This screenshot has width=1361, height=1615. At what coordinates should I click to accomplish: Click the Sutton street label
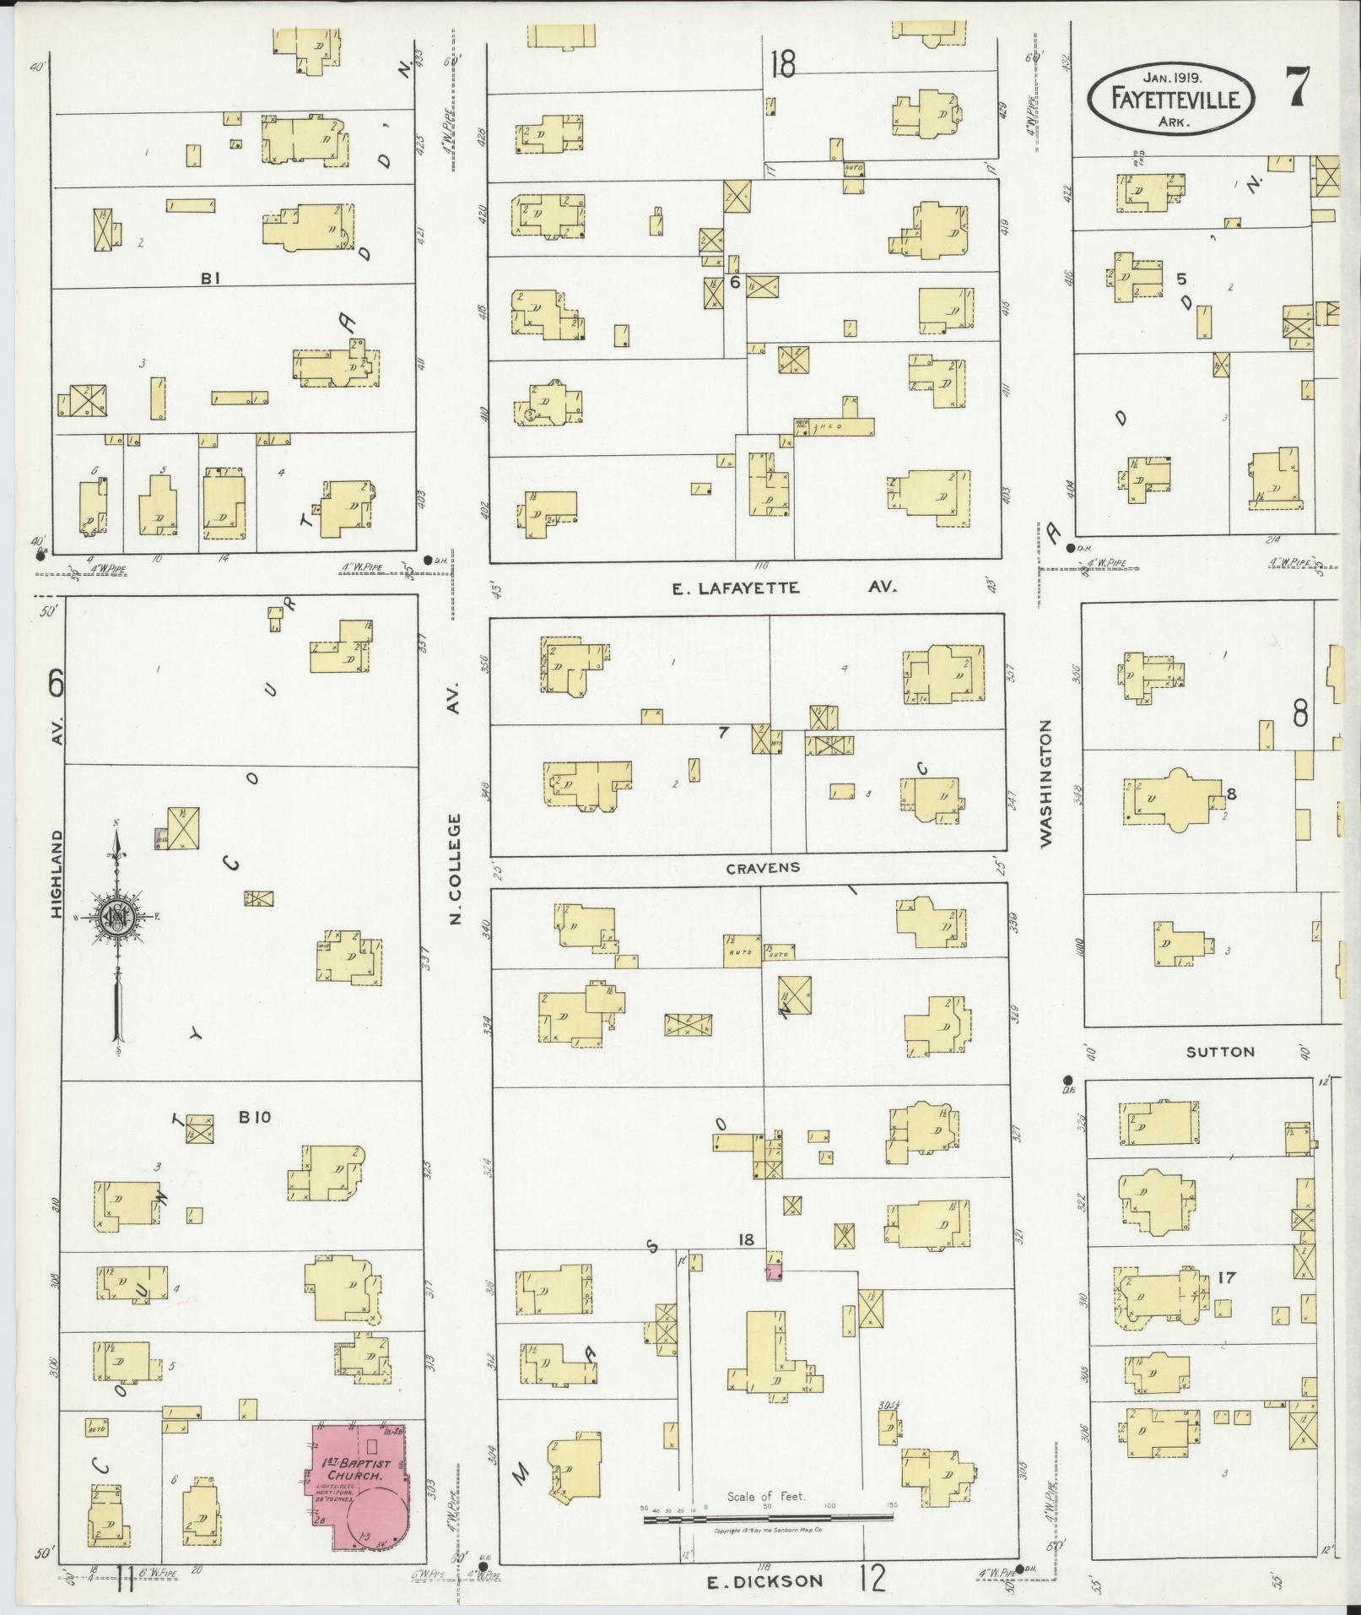pyautogui.click(x=1220, y=1051)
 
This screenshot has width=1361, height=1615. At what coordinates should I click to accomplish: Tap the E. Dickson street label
pyautogui.click(x=764, y=1580)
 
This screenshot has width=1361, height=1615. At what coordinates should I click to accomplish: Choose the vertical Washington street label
pyautogui.click(x=1047, y=783)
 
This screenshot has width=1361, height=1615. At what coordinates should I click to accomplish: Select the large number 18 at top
pyautogui.click(x=782, y=64)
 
